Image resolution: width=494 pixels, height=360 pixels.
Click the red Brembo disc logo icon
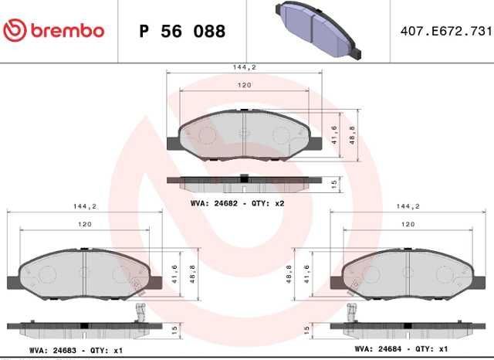[x=15, y=31]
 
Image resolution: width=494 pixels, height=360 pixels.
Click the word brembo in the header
[x=67, y=31]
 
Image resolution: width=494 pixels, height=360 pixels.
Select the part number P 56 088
[x=182, y=31]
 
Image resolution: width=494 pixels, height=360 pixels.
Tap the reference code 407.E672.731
[x=446, y=31]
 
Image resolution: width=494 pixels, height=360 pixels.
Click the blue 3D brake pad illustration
[x=318, y=30]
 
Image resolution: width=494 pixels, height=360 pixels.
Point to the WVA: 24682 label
[x=214, y=203]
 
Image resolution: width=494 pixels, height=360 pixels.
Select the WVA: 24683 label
[x=52, y=351]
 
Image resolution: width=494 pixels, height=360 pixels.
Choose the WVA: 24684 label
[x=378, y=349]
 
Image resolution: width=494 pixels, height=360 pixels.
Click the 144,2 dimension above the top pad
[x=245, y=67]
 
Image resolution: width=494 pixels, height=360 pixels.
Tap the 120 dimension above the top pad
[x=245, y=85]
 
